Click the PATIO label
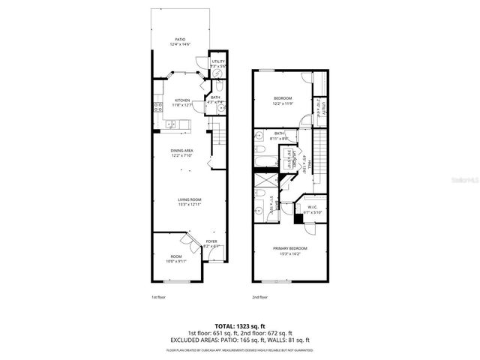(180, 39)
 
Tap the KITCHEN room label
(182, 100)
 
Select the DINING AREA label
(182, 150)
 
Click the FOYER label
(211, 241)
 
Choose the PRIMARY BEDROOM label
(289, 248)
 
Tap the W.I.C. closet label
(311, 208)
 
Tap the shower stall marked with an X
(265, 180)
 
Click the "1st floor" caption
(159, 298)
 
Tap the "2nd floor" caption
(259, 298)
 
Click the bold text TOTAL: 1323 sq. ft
(239, 326)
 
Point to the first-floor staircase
(218, 139)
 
